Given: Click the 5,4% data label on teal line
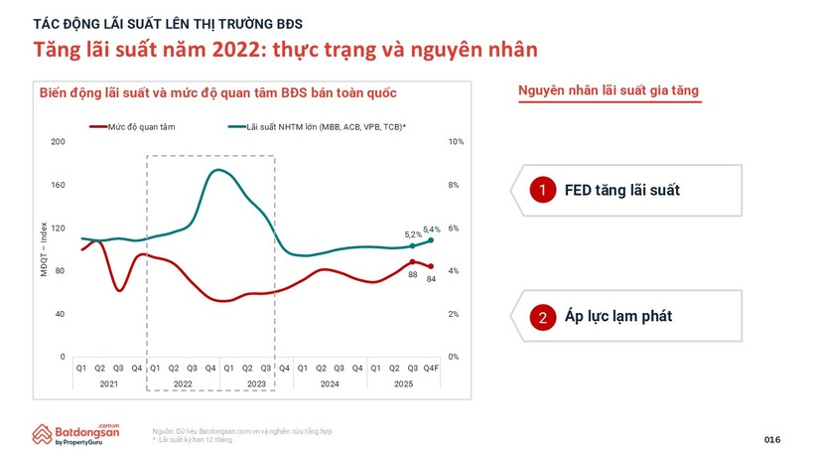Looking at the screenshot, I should (432, 229).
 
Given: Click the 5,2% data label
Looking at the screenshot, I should (411, 235).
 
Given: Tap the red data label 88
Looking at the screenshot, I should (412, 275).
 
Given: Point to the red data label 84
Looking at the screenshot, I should (432, 279).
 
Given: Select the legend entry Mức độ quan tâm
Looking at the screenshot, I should (128, 127).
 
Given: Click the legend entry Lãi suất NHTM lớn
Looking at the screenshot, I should (317, 127).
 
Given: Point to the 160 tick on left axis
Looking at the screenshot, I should (58, 185).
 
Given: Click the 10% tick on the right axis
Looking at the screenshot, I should (456, 142).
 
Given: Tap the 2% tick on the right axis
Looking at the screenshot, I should (455, 314).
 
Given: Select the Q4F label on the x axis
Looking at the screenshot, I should (431, 368).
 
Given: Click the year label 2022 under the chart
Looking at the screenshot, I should (183, 382).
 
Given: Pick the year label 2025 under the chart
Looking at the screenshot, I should (403, 382).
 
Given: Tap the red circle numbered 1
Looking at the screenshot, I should (542, 190).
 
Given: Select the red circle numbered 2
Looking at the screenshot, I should (542, 317).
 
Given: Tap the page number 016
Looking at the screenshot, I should (772, 439).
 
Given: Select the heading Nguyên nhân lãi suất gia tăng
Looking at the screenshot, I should (609, 91).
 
